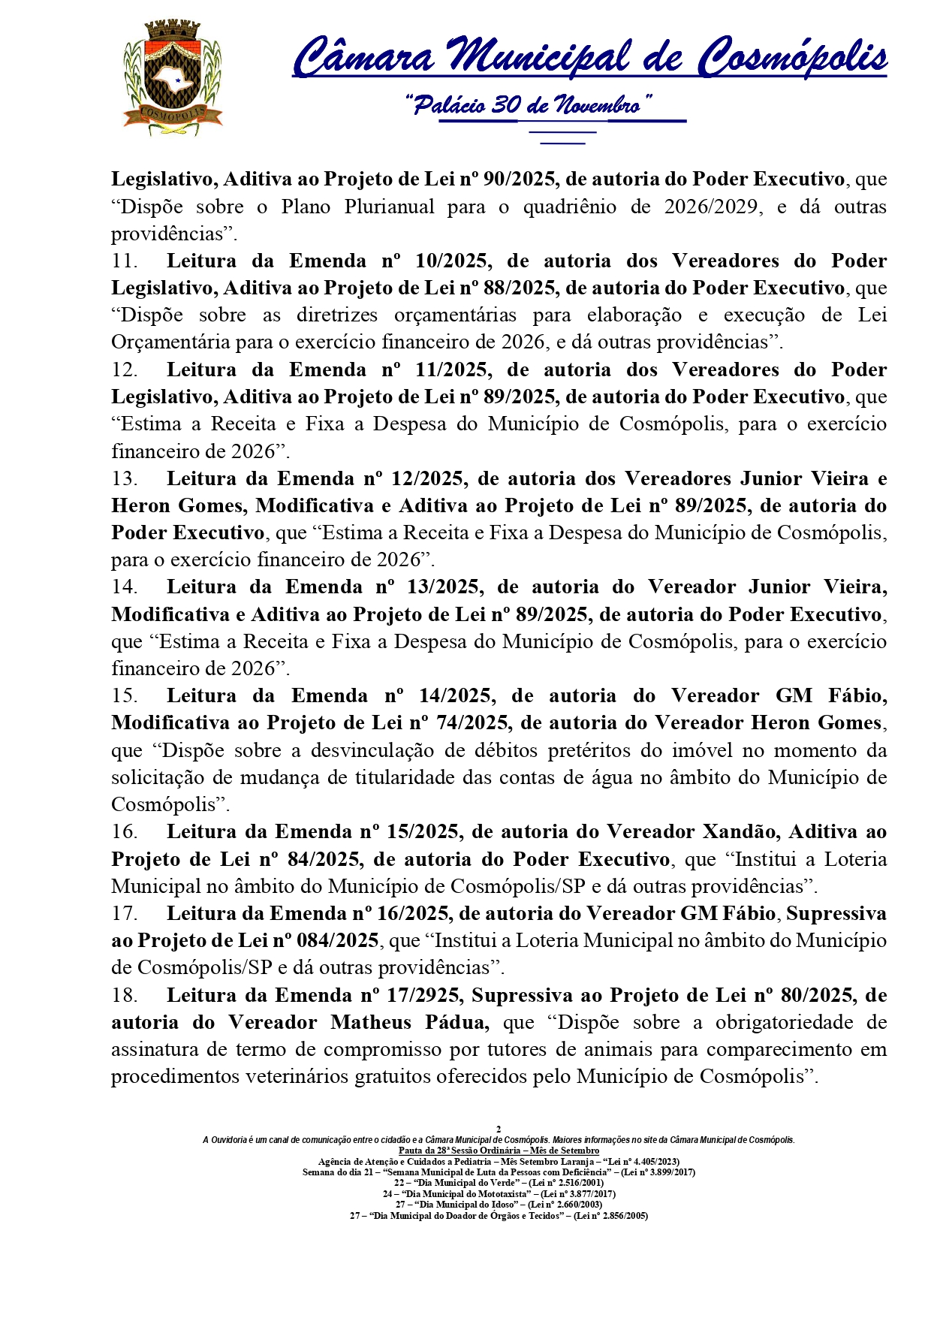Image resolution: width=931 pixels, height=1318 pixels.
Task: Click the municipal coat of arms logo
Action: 173,79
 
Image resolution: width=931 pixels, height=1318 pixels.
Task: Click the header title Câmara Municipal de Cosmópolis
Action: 589,57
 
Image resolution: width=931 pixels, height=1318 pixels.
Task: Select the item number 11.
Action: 124,261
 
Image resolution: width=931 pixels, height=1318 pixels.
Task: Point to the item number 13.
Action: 124,479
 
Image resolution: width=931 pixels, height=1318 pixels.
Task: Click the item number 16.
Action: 124,832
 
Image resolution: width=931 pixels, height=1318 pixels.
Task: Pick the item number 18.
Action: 124,996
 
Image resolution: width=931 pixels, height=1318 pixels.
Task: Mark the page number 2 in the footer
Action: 499,1129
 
